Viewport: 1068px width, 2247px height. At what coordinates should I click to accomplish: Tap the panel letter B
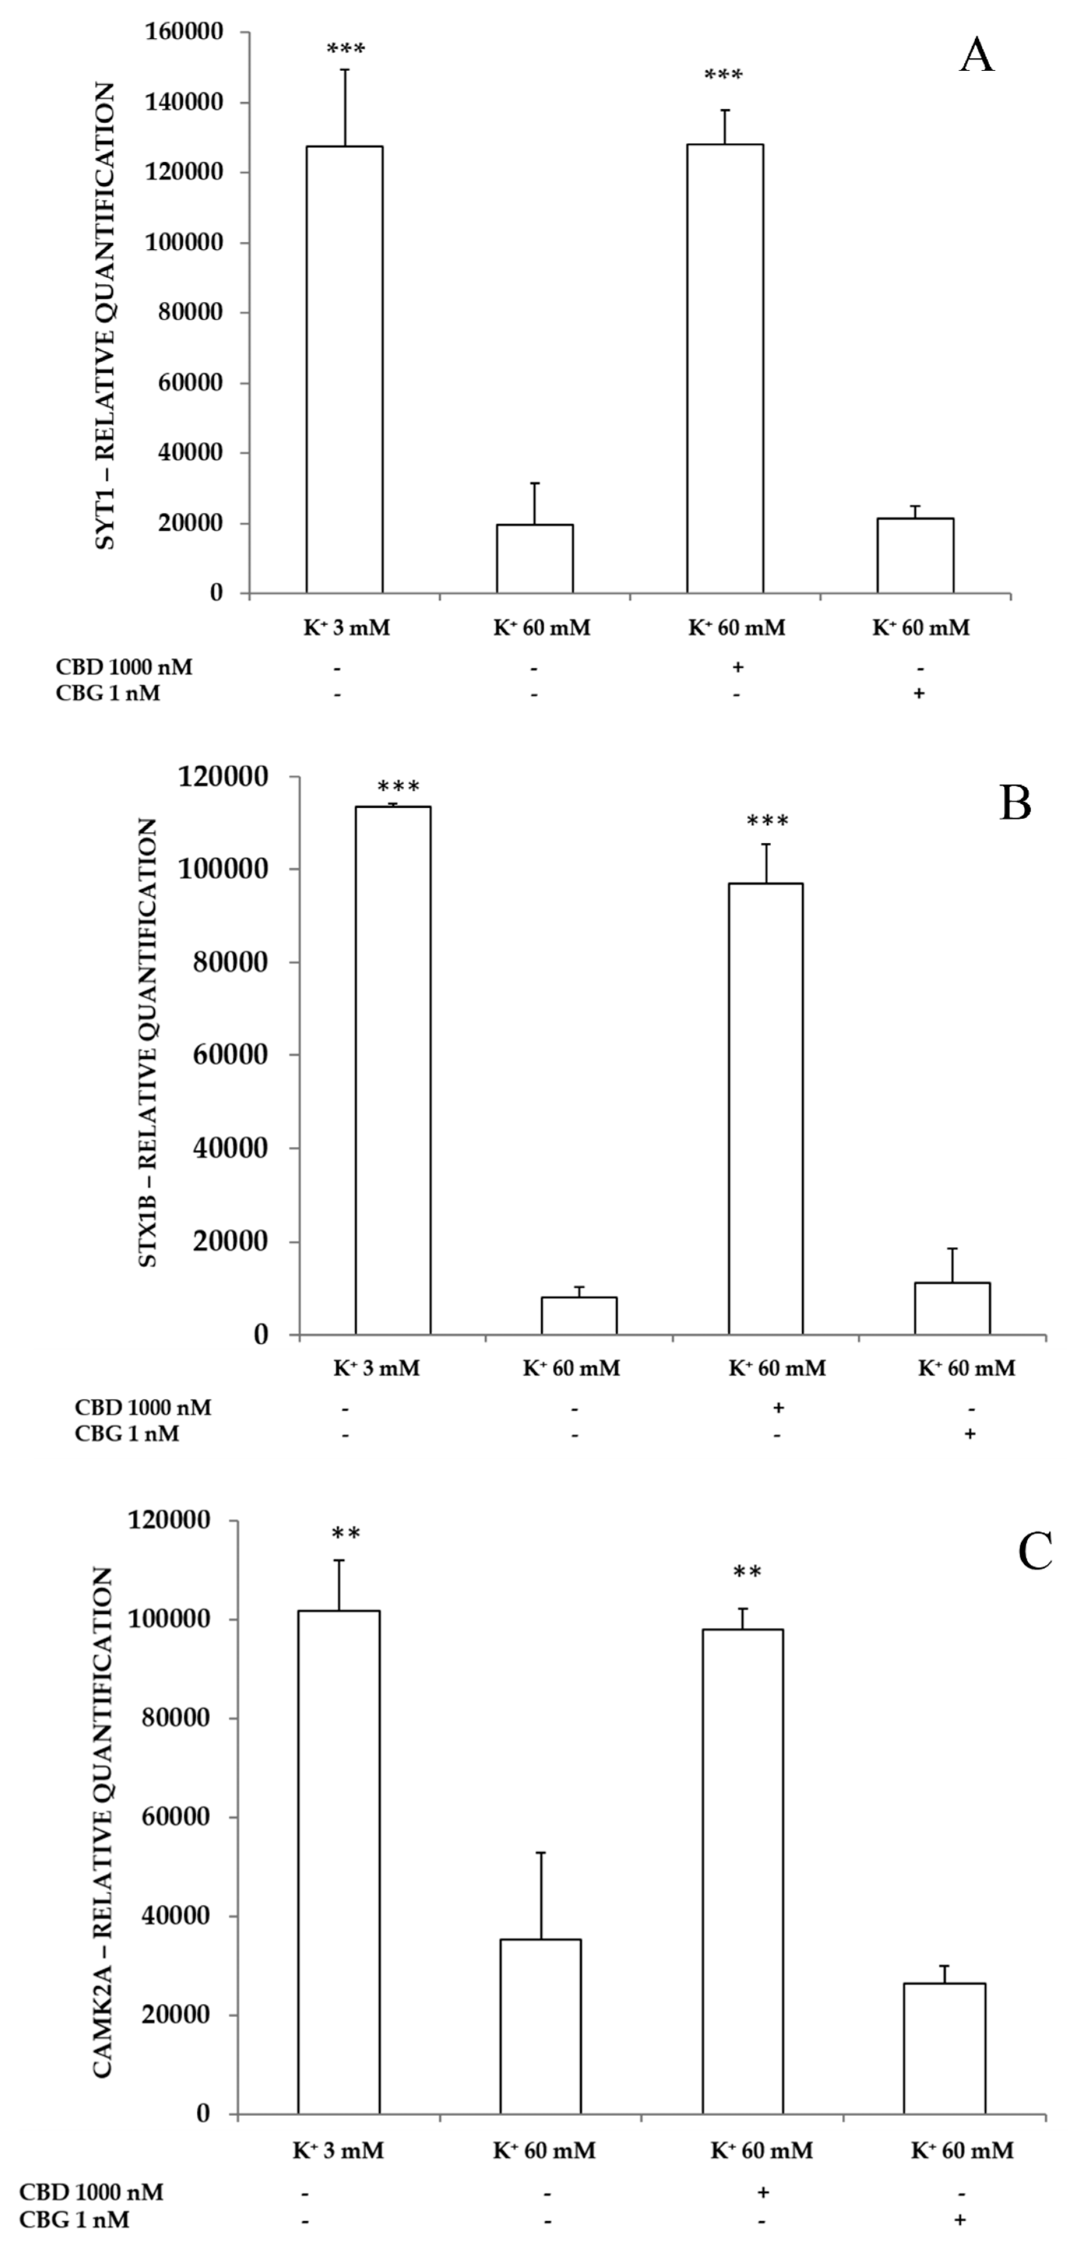tap(1015, 803)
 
